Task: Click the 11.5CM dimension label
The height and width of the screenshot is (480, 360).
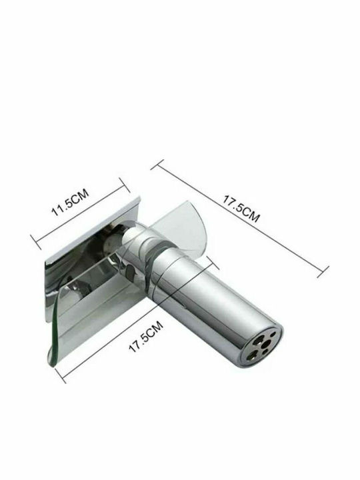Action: (x=70, y=203)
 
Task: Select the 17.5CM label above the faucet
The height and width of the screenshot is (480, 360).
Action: (x=241, y=209)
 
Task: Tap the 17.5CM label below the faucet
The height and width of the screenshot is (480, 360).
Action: (x=146, y=337)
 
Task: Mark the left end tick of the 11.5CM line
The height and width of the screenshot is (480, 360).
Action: (x=36, y=242)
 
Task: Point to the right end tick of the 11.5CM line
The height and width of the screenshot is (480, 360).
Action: (x=125, y=185)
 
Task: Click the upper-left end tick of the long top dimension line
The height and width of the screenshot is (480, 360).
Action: (x=157, y=165)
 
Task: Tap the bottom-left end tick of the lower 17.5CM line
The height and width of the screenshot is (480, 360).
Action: (x=60, y=375)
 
